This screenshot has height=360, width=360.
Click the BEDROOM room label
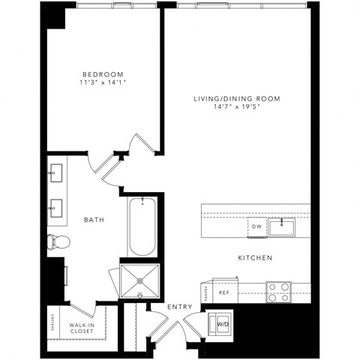click(x=102, y=74)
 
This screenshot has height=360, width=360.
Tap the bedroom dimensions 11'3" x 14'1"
click(x=102, y=83)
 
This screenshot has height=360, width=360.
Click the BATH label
click(x=94, y=220)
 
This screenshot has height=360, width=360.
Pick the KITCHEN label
click(x=255, y=258)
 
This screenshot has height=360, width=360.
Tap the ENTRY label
click(x=180, y=307)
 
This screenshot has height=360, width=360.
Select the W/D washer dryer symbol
click(x=223, y=323)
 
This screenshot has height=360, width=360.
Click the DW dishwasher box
click(x=256, y=225)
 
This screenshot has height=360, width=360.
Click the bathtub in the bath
click(x=142, y=227)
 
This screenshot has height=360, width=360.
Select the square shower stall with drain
click(x=140, y=278)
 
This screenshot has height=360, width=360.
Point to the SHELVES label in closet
click(x=52, y=322)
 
